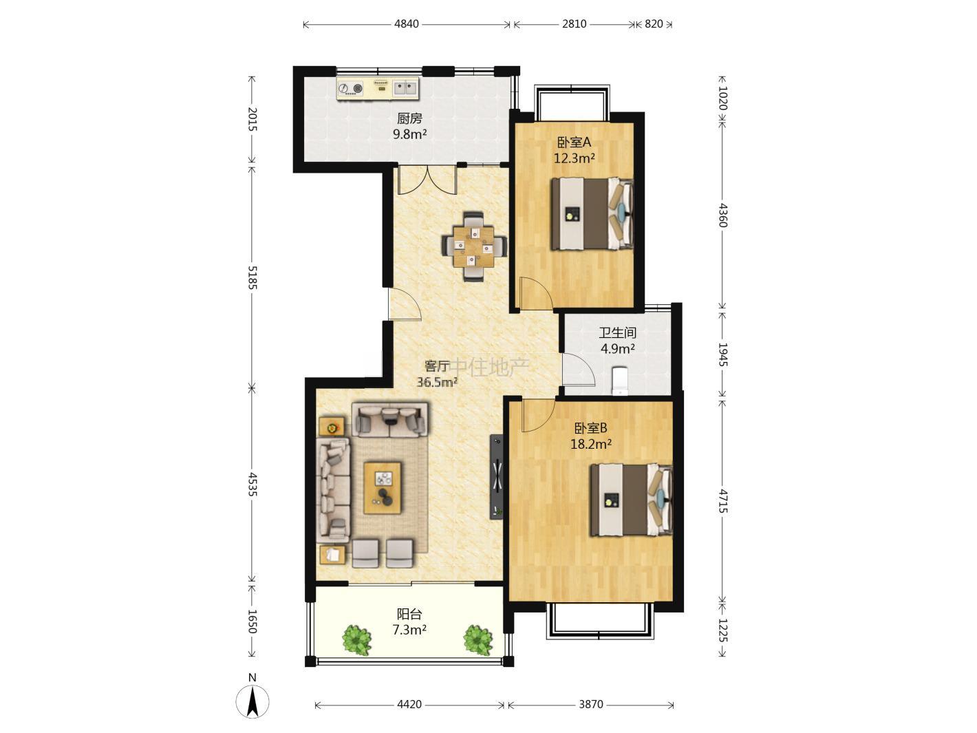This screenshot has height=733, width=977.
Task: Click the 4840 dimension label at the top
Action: (406, 24)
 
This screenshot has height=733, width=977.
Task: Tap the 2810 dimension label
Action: (574, 24)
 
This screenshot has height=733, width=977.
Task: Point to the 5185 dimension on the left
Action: (253, 277)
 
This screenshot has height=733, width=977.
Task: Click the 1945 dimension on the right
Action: (722, 354)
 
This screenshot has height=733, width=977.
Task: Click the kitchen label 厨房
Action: (409, 118)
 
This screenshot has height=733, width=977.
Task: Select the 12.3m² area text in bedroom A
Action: (575, 158)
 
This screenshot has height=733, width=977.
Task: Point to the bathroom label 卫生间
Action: (617, 332)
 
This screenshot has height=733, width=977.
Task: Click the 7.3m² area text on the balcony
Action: (409, 630)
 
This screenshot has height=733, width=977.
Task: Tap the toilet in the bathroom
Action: (620, 381)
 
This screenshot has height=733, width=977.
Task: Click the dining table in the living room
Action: (473, 246)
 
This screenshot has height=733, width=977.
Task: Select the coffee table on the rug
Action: (383, 488)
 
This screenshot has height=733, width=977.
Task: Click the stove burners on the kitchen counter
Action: (351, 89)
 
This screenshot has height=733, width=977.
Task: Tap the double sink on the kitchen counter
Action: (405, 88)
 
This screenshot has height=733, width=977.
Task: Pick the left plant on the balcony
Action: (356, 640)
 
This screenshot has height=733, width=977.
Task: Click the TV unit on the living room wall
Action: (497, 477)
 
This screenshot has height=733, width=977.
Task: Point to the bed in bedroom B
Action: (631, 500)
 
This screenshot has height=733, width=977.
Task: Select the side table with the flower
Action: (332, 426)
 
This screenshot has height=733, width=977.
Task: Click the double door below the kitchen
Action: (427, 180)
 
